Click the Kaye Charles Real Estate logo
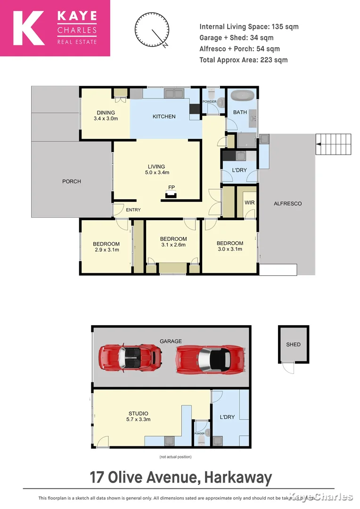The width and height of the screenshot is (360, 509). tap(55, 28)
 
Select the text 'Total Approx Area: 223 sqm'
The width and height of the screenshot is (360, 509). tap(243, 60)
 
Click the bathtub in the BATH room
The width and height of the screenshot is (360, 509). tap(242, 97)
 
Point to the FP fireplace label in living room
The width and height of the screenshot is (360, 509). tap(172, 188)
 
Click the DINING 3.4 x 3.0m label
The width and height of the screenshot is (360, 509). tap(106, 115)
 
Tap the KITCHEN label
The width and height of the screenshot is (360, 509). tap(164, 116)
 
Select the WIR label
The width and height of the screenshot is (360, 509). tap(249, 203)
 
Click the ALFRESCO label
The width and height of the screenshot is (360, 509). tap(287, 204)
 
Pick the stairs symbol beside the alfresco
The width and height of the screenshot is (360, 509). tap(334, 144)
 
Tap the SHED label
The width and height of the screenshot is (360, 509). tap(293, 345)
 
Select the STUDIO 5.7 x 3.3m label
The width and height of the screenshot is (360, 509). tap(137, 416)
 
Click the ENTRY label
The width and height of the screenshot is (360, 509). tap(133, 210)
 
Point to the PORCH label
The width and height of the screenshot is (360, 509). tap(72, 181)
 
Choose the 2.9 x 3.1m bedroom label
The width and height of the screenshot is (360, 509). tap(106, 247)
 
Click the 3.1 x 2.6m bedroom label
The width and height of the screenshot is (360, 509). tap(173, 242)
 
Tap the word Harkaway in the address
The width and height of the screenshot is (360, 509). tap(238, 477)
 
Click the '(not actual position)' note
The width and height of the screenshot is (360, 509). tap(175, 457)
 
